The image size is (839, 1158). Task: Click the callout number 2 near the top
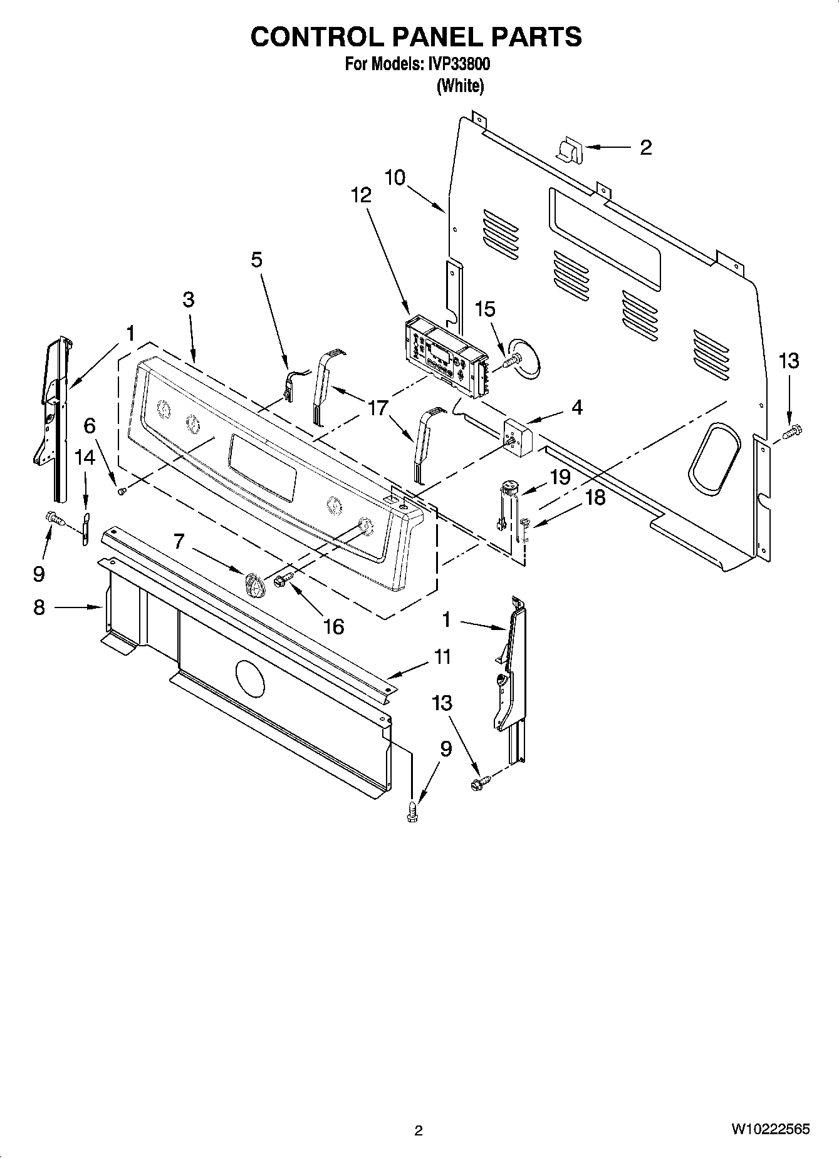tap(645, 147)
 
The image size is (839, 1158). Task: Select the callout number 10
tap(395, 177)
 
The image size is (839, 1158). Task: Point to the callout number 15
tap(484, 309)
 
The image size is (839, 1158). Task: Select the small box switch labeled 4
tap(518, 437)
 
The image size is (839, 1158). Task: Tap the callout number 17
tap(378, 408)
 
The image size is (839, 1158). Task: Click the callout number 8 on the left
tap(39, 607)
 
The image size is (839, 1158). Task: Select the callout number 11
tap(442, 657)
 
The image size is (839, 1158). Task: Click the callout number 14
tap(85, 457)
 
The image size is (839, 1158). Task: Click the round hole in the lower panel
tap(250, 678)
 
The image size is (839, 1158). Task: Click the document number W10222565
tap(769, 1129)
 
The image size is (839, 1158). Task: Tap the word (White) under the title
tap(460, 86)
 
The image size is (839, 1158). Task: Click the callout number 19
tap(560, 477)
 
